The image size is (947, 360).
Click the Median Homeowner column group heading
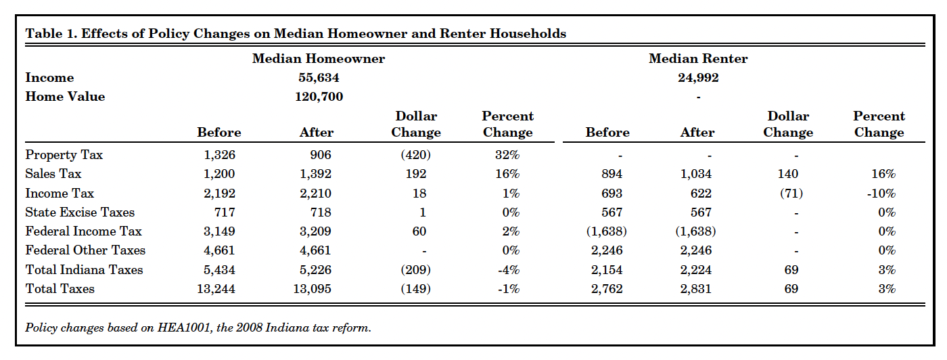(x=318, y=59)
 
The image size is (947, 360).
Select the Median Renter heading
(x=698, y=59)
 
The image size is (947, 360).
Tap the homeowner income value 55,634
(x=319, y=78)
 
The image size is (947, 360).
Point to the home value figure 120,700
(x=319, y=97)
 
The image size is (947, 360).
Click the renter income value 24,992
(x=698, y=78)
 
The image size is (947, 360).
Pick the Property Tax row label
(x=64, y=155)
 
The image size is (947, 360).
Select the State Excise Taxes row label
(x=80, y=212)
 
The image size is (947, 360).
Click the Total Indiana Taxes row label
(x=84, y=270)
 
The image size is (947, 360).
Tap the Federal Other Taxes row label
(x=85, y=251)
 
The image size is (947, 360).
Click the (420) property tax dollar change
(x=415, y=155)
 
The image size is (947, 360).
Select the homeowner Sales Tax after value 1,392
(x=316, y=175)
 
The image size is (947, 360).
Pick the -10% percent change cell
(x=881, y=194)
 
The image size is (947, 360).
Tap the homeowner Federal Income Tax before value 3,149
(x=219, y=232)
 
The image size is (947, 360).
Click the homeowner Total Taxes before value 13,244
(x=216, y=290)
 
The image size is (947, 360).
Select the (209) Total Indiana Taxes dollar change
(x=415, y=270)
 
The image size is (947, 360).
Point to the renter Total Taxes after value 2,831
(x=697, y=290)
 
